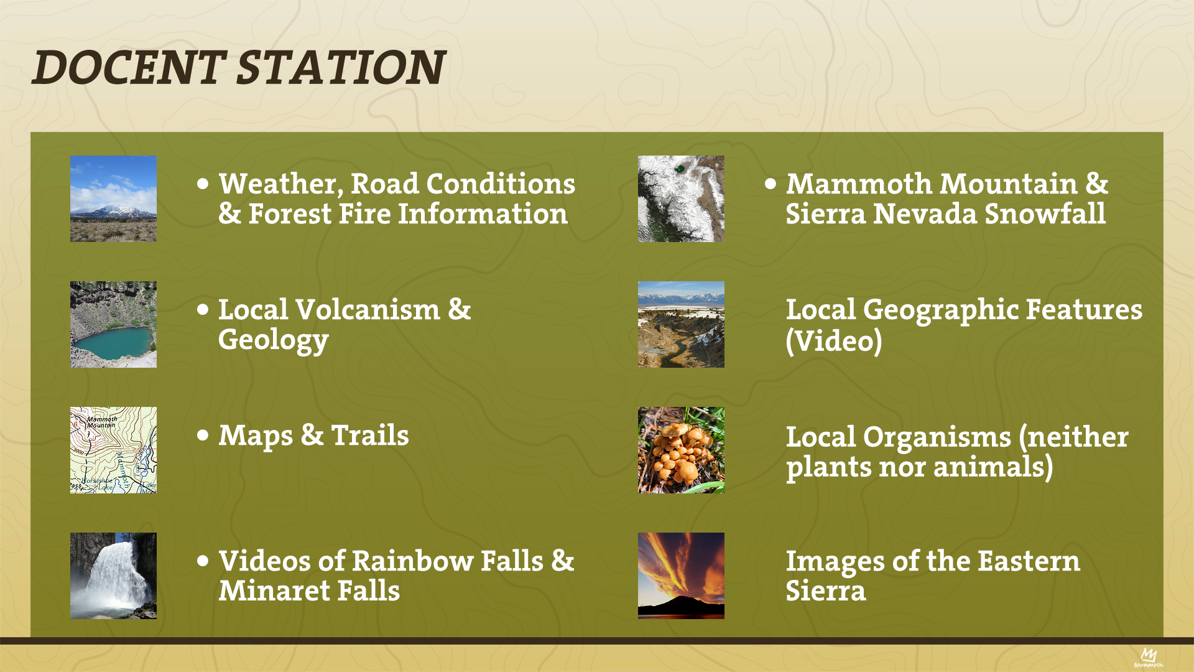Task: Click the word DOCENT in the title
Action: coord(129,67)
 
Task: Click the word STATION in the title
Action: coord(341,67)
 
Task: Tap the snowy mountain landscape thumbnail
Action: coord(113,198)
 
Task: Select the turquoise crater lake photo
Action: coord(113,324)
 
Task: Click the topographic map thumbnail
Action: coord(113,450)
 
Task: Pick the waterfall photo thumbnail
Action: coord(113,576)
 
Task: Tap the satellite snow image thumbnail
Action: coord(681,198)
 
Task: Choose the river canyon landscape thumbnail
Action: coord(681,324)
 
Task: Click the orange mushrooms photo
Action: coord(681,450)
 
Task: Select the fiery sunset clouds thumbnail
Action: coord(681,576)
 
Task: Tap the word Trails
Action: coord(370,435)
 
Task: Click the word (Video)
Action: coord(833,340)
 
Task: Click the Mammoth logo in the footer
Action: coord(1149,658)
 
